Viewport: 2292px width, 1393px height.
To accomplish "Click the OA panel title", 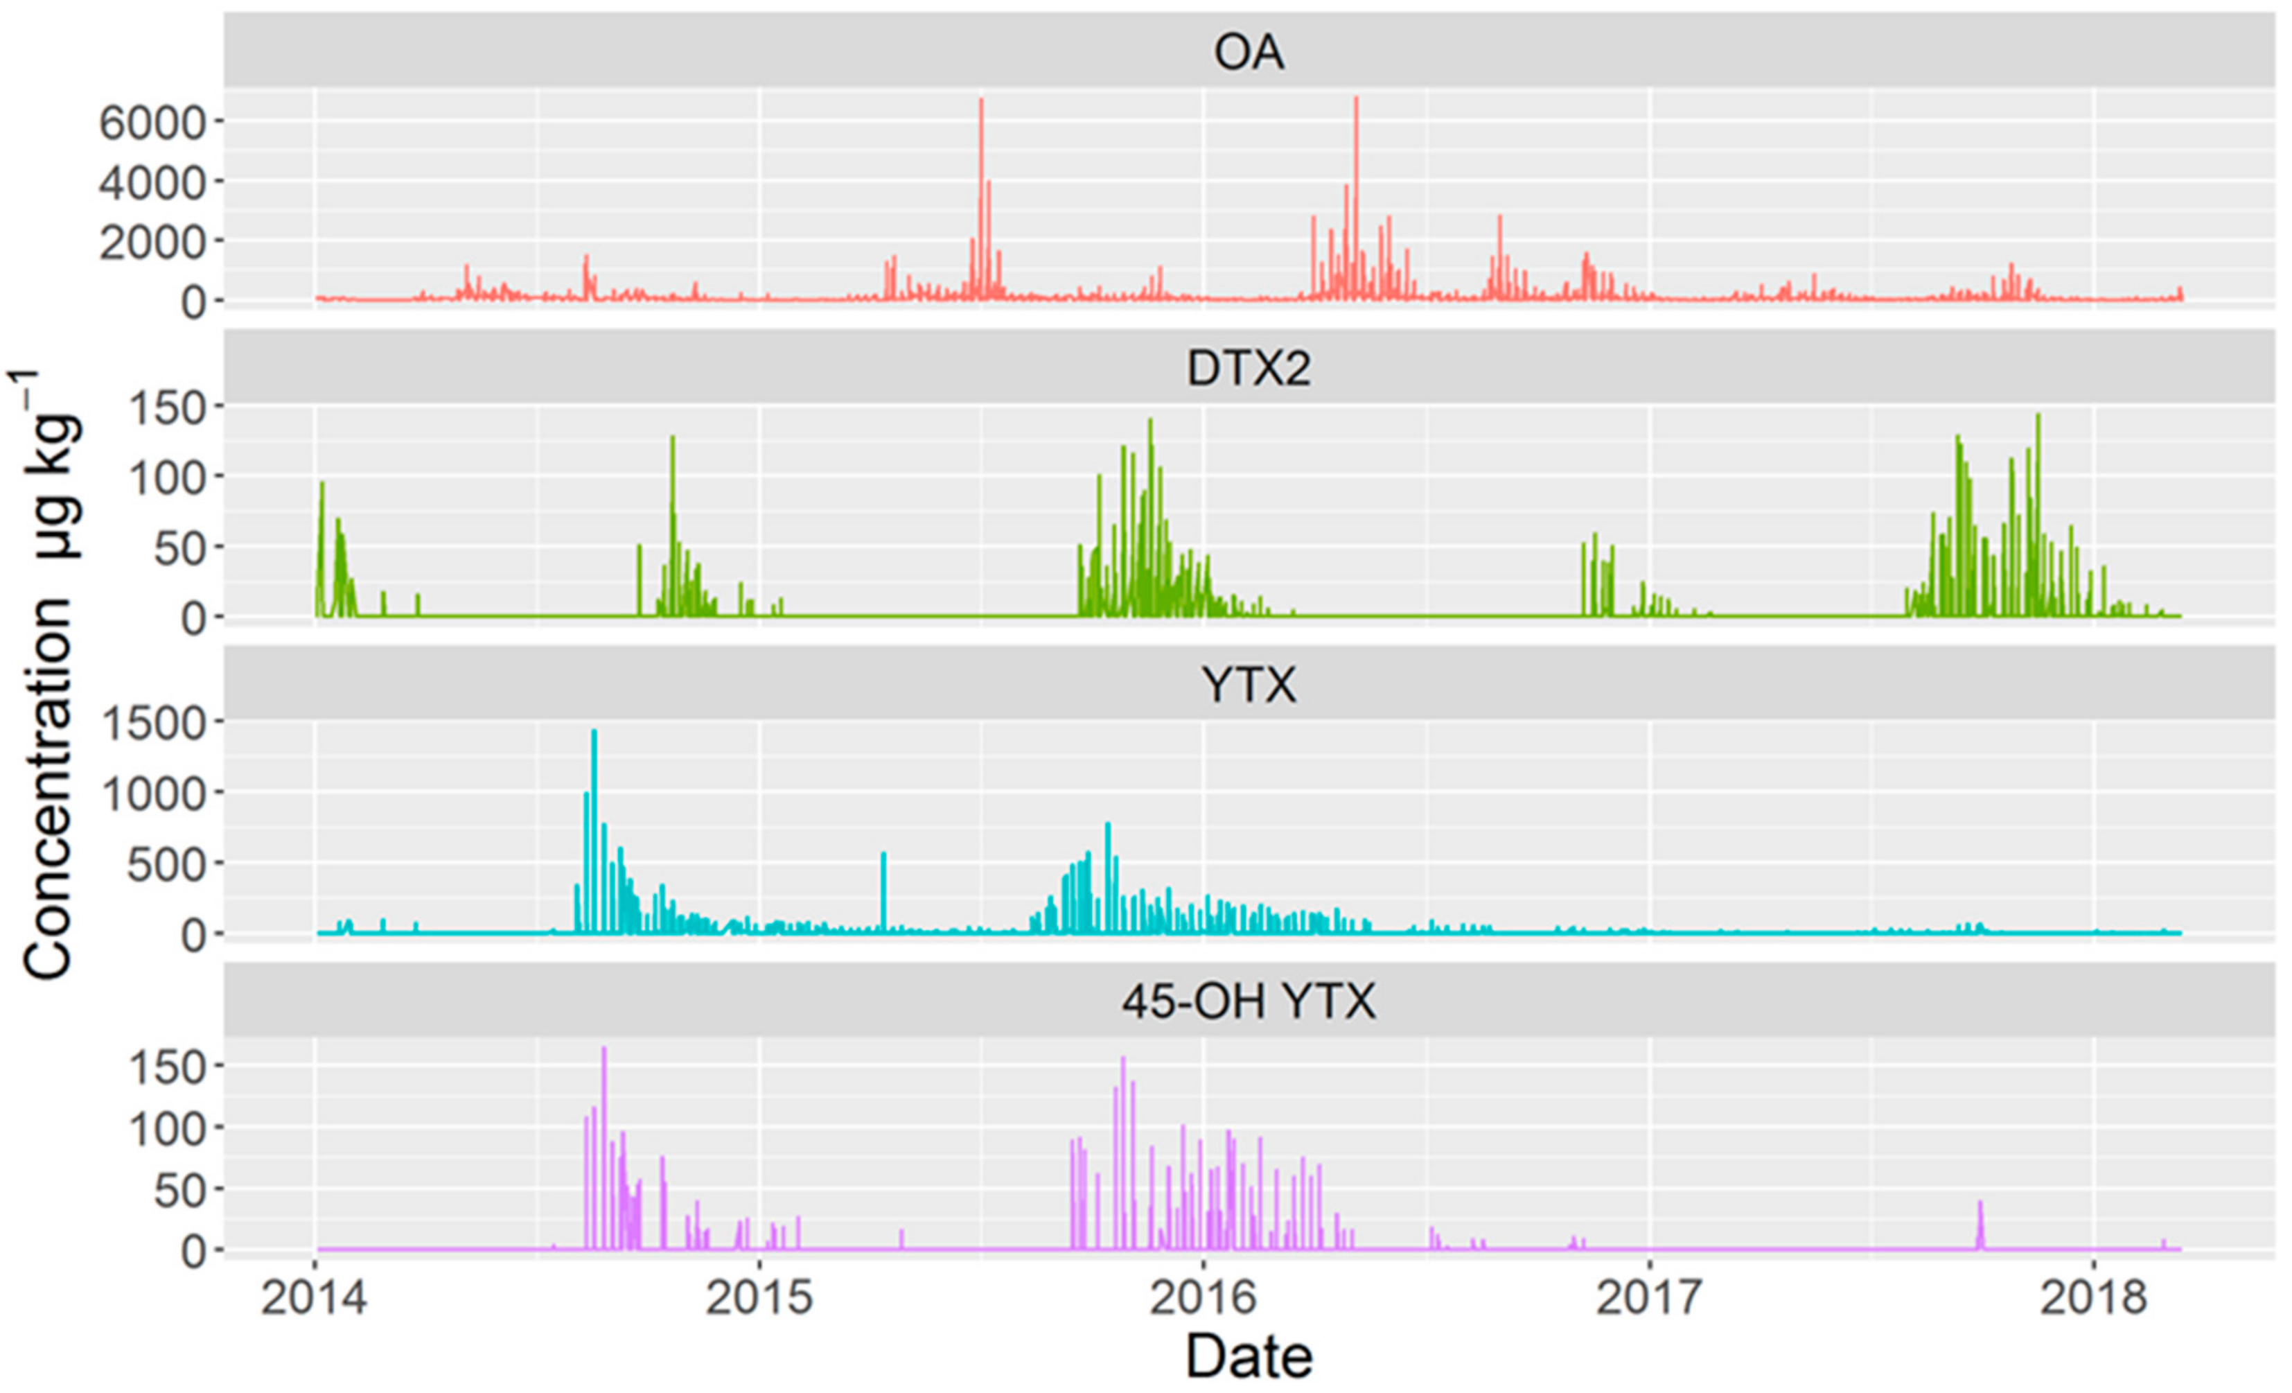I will pos(1249,52).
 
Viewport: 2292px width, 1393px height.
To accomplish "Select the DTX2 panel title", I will pos(1249,369).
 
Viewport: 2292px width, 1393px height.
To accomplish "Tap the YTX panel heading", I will pos(1249,686).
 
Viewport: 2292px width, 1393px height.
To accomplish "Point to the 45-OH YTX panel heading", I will pos(1249,1002).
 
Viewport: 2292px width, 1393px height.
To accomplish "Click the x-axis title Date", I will pos(1249,1357).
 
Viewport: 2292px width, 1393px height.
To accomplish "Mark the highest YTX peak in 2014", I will pos(594,734).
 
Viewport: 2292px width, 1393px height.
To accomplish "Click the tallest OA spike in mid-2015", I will pos(981,103).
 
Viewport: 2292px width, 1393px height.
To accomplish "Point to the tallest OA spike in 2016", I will pos(1355,100).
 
